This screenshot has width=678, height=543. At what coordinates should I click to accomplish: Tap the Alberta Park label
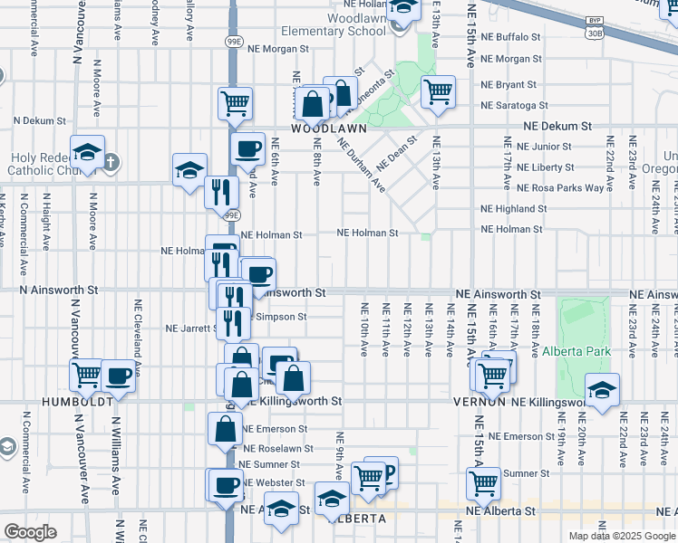point(576,351)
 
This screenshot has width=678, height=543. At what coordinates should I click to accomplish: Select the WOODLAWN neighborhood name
point(328,129)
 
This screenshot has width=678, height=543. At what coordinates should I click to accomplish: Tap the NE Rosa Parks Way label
point(559,188)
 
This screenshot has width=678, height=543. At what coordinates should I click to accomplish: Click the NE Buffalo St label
point(510,37)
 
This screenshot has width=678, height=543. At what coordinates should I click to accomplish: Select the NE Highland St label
point(513,208)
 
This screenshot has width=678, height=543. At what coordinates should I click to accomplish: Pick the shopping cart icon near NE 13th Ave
point(438,90)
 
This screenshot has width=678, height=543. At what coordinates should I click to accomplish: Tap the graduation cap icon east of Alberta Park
point(602,389)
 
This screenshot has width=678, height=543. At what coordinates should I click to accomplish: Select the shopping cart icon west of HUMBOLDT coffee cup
point(87,372)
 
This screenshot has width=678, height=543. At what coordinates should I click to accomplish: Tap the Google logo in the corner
point(30,532)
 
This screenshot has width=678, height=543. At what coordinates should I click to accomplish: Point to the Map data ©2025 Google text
point(621,536)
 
